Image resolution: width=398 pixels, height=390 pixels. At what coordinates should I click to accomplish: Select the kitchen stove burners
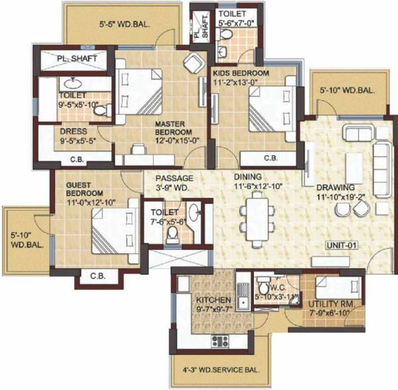click(220, 342)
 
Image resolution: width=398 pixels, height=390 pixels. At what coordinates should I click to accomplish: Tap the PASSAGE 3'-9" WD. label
click(174, 183)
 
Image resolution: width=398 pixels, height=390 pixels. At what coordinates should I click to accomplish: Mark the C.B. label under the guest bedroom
click(98, 275)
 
